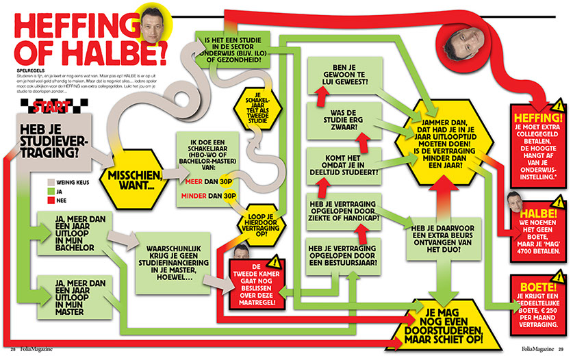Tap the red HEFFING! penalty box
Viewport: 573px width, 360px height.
tap(537, 140)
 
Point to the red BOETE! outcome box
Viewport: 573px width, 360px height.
tap(537, 298)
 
